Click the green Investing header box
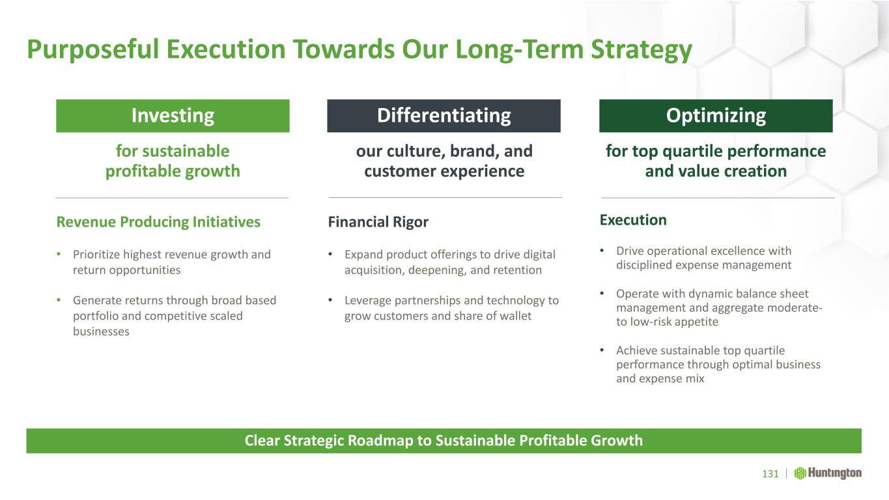(x=173, y=115)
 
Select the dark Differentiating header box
(x=444, y=115)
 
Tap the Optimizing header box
(x=716, y=115)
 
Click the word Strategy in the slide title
(x=642, y=50)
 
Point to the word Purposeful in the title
(x=93, y=49)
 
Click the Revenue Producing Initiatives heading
(x=158, y=222)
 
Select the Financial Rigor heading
(x=378, y=222)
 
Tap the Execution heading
(x=633, y=220)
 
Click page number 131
(x=770, y=474)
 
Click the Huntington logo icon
(x=800, y=473)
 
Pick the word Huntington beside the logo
(x=835, y=473)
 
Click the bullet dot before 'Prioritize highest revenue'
(x=59, y=254)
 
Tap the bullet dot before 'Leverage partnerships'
(x=330, y=300)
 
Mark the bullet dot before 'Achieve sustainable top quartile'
(x=602, y=350)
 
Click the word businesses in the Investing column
(x=101, y=331)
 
